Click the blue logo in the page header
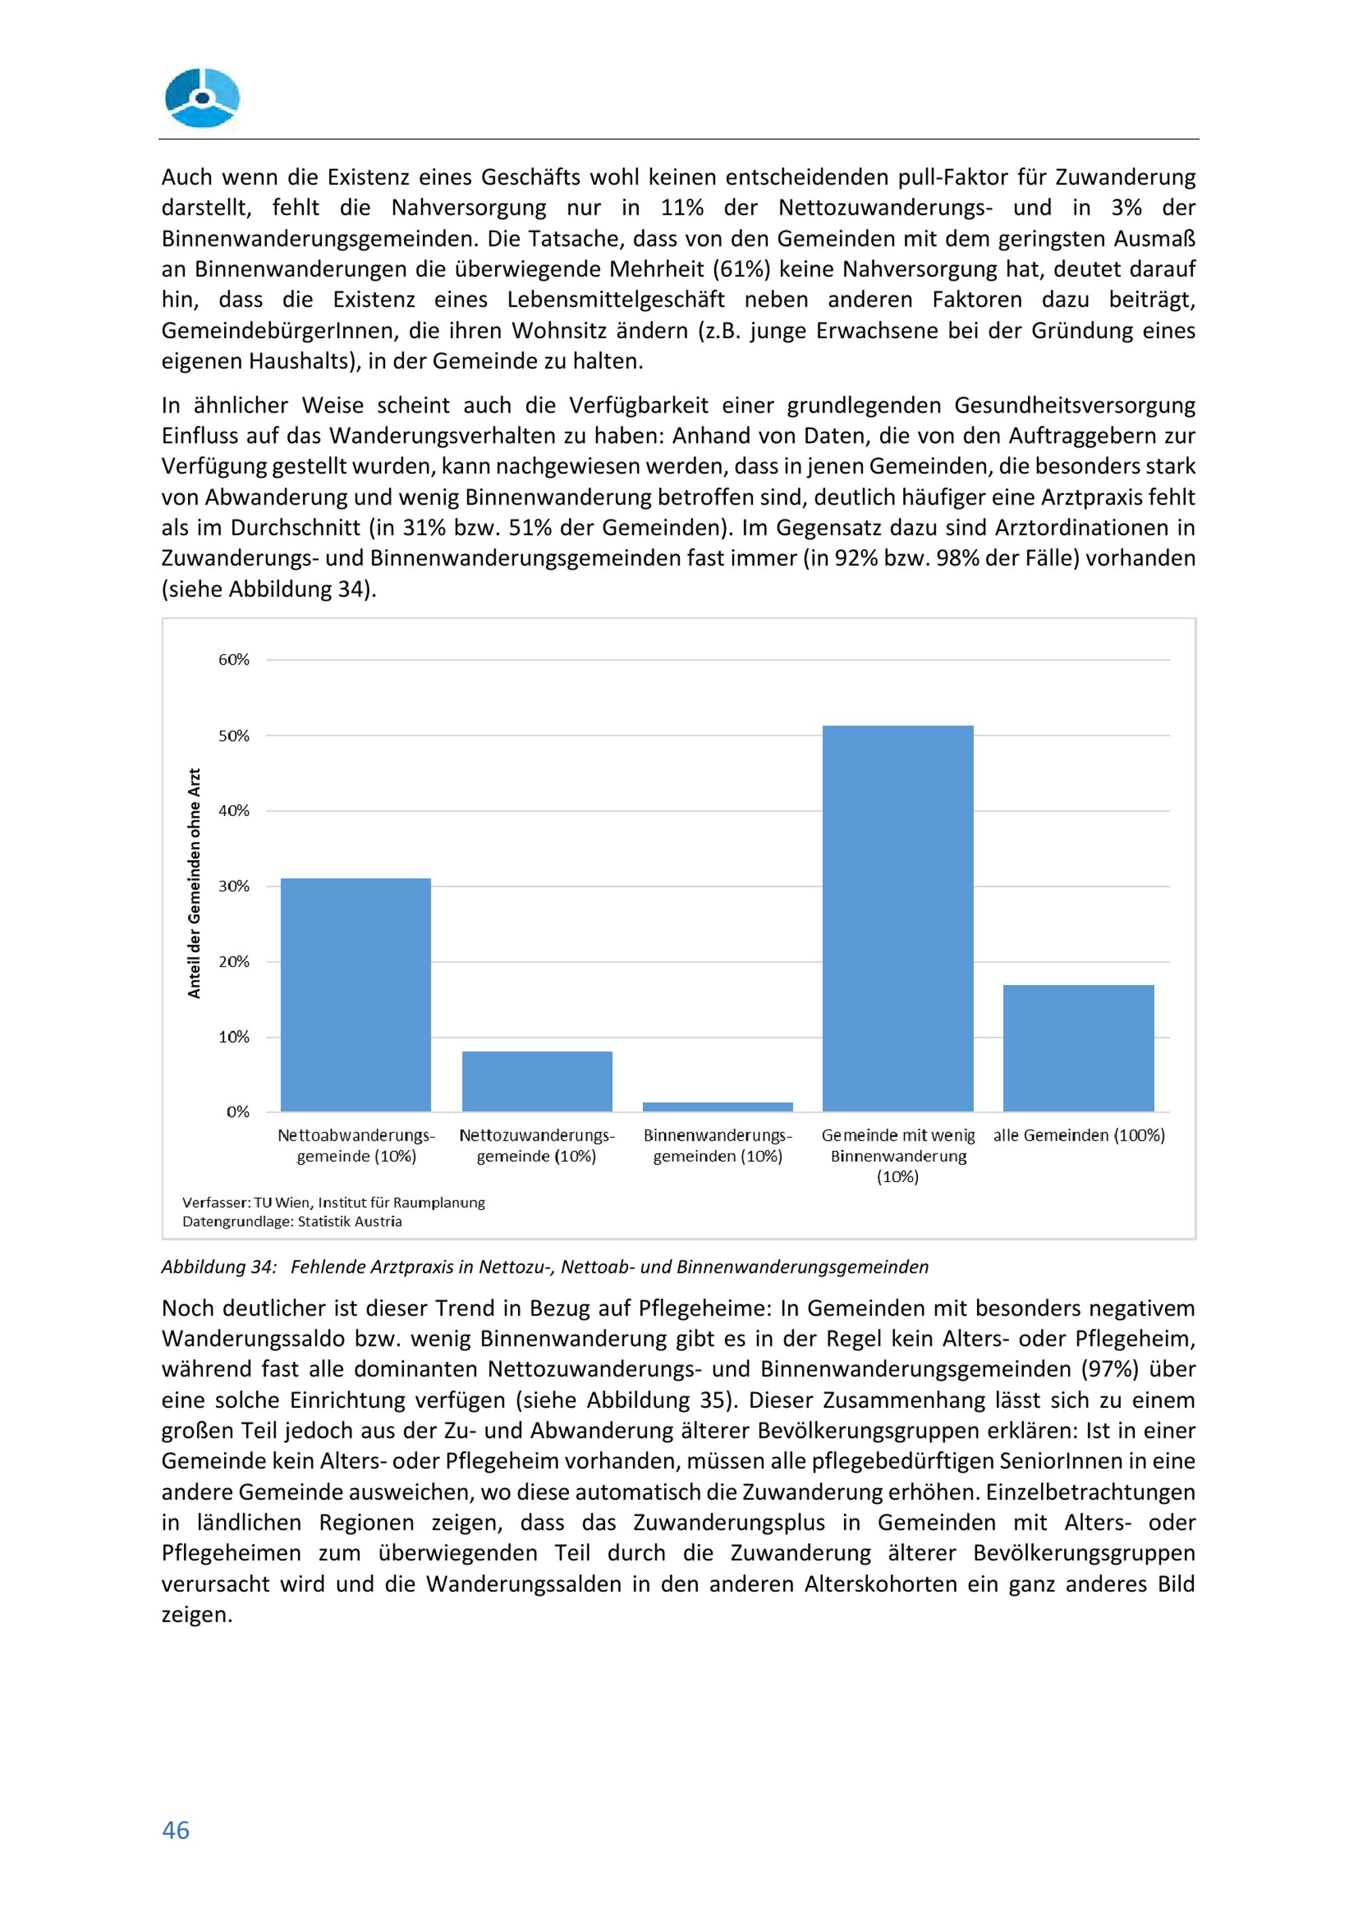(x=202, y=98)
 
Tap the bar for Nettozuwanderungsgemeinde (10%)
(x=537, y=1082)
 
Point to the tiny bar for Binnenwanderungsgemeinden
(x=718, y=1107)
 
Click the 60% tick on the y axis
(x=234, y=660)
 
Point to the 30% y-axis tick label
(x=234, y=887)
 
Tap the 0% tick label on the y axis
(x=238, y=1112)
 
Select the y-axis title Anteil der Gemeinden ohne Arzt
(x=195, y=883)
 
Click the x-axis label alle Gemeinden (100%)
(x=1079, y=1136)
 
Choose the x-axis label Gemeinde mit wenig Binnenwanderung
(x=898, y=1156)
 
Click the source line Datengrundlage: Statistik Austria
(x=292, y=1222)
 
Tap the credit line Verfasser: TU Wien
(x=333, y=1202)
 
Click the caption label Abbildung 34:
(x=218, y=1267)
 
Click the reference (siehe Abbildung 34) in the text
(x=268, y=589)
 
